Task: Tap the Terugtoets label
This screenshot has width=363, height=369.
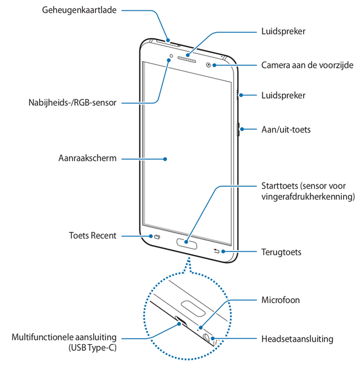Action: (281, 252)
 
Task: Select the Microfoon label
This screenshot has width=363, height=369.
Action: (280, 299)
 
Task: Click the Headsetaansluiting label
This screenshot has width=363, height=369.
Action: (297, 339)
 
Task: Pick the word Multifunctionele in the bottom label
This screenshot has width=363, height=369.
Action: (44, 338)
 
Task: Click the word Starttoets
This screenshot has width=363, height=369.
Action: (280, 186)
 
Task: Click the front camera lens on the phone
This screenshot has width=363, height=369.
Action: (209, 64)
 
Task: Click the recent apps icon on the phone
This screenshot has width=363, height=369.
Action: (158, 236)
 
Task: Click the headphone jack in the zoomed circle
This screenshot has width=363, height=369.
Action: (209, 336)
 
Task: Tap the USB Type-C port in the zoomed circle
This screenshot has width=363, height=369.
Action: (180, 321)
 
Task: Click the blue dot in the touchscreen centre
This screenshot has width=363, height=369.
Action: (165, 158)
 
